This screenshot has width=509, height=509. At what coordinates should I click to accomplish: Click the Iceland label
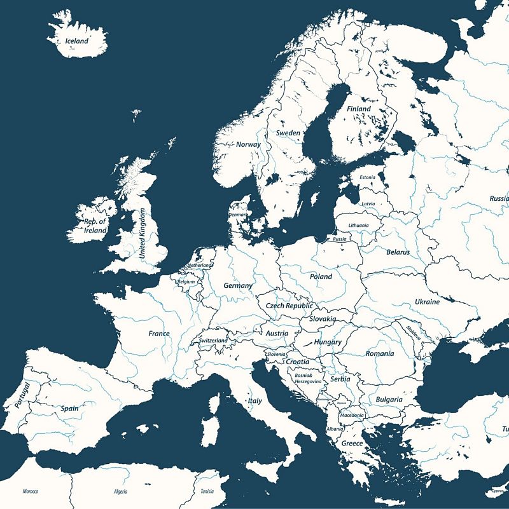pyautogui.click(x=76, y=41)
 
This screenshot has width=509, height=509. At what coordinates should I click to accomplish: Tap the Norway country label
pyautogui.click(x=248, y=144)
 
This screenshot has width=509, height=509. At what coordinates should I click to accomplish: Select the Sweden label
pyautogui.click(x=288, y=133)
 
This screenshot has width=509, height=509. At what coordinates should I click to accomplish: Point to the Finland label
pyautogui.click(x=358, y=109)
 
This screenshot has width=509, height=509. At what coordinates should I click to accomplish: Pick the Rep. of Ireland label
pyautogui.click(x=95, y=226)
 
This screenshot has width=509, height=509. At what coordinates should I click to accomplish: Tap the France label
pyautogui.click(x=159, y=334)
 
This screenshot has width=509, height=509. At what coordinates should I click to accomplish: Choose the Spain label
pyautogui.click(x=69, y=409)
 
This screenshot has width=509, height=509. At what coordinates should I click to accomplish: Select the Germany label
pyautogui.click(x=238, y=286)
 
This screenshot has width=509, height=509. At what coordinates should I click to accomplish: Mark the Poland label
pyautogui.click(x=321, y=277)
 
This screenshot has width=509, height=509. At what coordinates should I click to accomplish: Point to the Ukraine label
pyautogui.click(x=427, y=302)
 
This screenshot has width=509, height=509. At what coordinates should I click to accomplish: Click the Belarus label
pyautogui.click(x=398, y=252)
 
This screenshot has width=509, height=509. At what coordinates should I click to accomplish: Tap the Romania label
pyautogui.click(x=380, y=353)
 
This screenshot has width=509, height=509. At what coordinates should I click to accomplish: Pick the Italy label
pyautogui.click(x=254, y=401)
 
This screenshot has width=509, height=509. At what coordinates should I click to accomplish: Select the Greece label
pyautogui.click(x=352, y=444)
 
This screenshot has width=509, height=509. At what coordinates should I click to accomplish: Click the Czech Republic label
pyautogui.click(x=289, y=306)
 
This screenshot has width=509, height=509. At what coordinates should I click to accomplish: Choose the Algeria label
pyautogui.click(x=120, y=492)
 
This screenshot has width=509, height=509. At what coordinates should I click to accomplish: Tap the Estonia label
pyautogui.click(x=367, y=177)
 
